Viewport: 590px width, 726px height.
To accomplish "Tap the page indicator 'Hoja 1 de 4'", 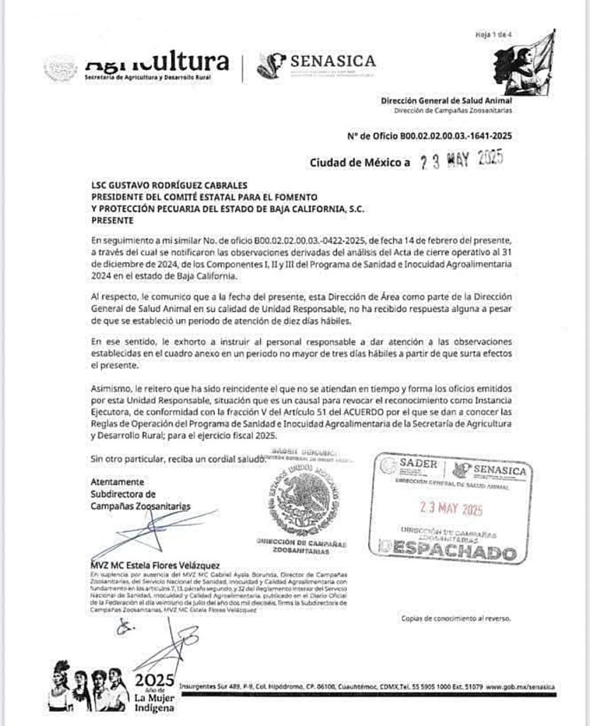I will [487, 34].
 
